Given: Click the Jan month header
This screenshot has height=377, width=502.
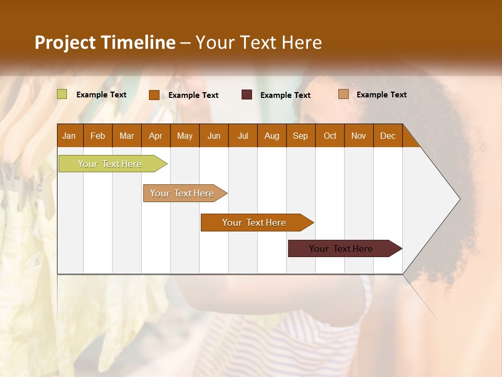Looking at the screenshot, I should click(70, 136).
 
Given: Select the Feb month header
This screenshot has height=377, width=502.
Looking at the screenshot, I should click(98, 136).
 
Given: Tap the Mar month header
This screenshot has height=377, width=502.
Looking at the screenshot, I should click(127, 136).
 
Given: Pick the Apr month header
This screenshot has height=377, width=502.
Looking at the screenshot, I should click(156, 136).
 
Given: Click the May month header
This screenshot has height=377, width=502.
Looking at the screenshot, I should click(185, 136).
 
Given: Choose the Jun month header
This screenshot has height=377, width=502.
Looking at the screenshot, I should click(214, 136).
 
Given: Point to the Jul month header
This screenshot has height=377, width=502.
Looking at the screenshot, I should click(243, 136).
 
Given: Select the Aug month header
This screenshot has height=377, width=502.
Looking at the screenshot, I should click(272, 136).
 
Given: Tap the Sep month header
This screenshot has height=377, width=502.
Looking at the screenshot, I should click(301, 136).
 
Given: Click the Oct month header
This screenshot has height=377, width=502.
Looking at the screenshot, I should click(330, 136).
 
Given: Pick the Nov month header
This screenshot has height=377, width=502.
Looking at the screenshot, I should click(359, 136).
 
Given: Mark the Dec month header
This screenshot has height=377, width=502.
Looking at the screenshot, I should click(388, 136).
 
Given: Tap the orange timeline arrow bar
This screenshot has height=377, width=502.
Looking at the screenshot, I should click(255, 223).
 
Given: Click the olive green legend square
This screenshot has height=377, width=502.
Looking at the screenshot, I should click(62, 94).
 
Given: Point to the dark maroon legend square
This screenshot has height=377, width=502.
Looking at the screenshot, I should click(247, 95).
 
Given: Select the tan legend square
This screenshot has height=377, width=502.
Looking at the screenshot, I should click(343, 94).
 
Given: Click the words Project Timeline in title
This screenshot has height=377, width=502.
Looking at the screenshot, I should click(105, 42).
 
